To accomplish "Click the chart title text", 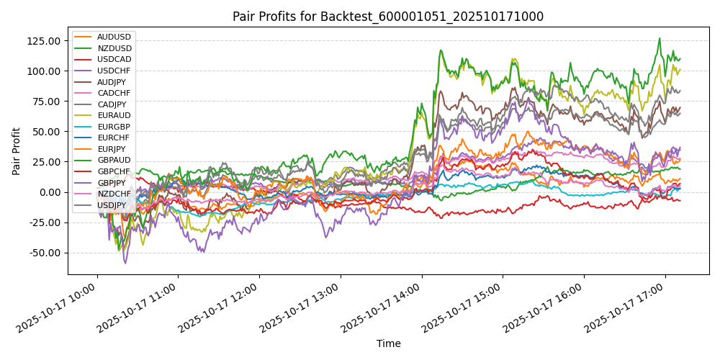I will tap(388, 17).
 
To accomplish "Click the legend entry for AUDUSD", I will tap(114, 37).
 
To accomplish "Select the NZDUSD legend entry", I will tap(114, 48).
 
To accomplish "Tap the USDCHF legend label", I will tap(114, 71).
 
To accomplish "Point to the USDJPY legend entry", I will tap(113, 206).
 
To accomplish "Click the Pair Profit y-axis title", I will tap(17, 152).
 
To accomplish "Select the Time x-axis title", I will tap(388, 343).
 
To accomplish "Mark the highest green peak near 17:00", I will tap(659, 38).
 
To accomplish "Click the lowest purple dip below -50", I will tap(125, 263).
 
